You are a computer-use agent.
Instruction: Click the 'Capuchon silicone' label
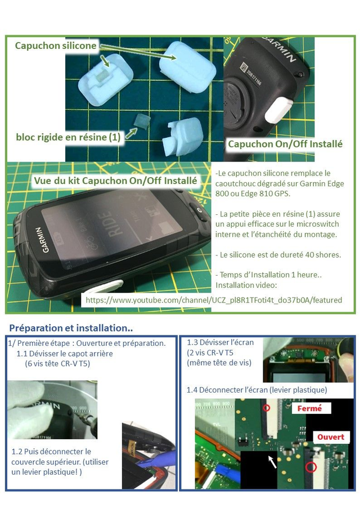(x=56, y=46)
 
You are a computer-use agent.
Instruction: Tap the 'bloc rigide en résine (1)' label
(x=68, y=137)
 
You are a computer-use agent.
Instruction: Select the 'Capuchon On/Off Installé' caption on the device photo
(x=285, y=144)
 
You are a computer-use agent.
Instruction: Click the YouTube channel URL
(x=214, y=300)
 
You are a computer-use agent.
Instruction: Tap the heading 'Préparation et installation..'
(x=71, y=328)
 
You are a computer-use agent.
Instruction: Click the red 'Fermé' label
(x=309, y=408)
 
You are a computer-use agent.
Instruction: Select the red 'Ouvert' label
(x=330, y=437)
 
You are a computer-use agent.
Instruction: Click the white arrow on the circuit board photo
(x=272, y=461)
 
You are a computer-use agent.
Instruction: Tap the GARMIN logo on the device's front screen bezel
(x=42, y=240)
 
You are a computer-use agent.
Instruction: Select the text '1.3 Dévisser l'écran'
(x=220, y=342)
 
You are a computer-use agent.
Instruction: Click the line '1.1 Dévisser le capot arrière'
(x=65, y=353)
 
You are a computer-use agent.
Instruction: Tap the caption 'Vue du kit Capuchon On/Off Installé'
(x=115, y=181)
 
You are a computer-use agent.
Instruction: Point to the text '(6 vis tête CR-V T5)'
(x=57, y=363)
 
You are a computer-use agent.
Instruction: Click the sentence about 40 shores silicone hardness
(x=278, y=254)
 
